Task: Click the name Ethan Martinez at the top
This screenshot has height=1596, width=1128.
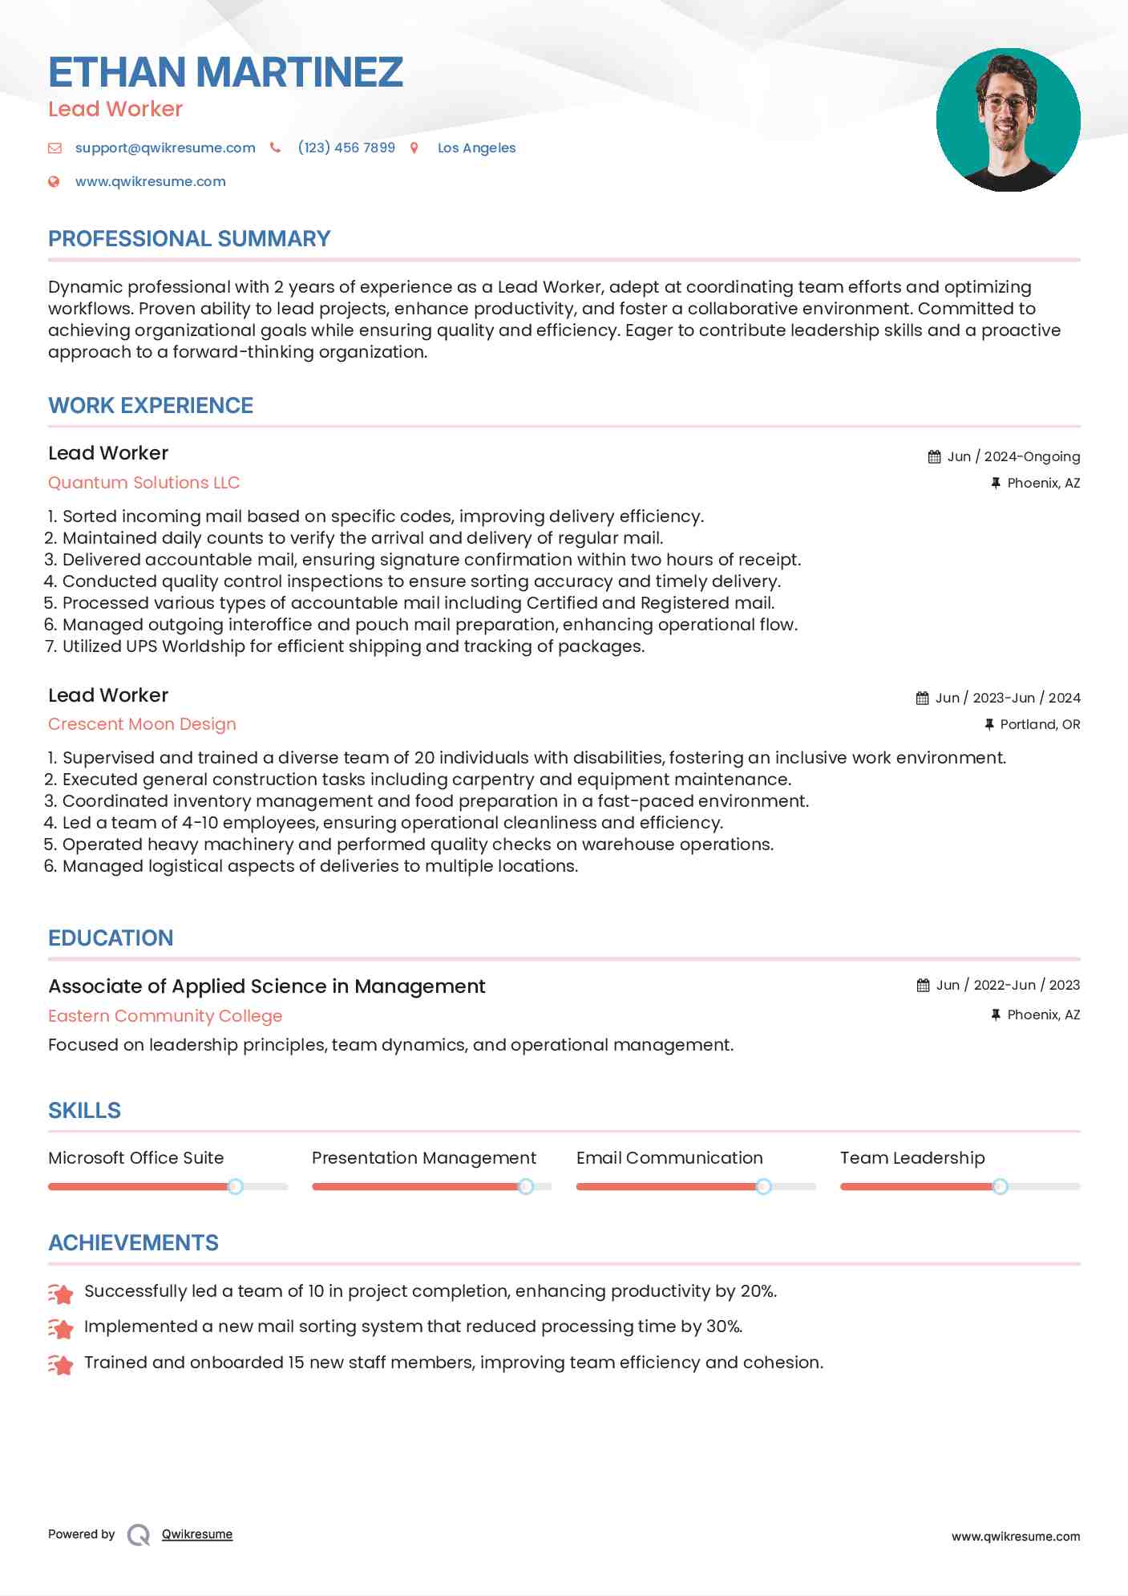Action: (x=225, y=72)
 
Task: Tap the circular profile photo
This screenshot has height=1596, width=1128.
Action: (x=1008, y=120)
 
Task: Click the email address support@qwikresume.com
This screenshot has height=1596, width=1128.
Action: (x=165, y=148)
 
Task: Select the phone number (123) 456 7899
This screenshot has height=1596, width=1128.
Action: (x=346, y=148)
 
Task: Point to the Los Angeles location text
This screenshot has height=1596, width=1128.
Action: (x=476, y=148)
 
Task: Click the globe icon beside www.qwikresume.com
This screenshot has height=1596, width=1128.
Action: (x=55, y=182)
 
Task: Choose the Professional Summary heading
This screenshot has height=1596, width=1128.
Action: (x=189, y=239)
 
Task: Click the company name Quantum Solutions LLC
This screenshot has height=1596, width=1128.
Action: (x=144, y=483)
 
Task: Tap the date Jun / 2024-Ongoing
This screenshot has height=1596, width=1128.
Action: (x=1013, y=457)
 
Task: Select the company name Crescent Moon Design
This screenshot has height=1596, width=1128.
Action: (x=142, y=724)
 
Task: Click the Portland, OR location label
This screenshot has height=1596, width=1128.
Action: (x=1040, y=725)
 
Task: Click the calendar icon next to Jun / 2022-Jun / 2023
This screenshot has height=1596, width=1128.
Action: (x=924, y=986)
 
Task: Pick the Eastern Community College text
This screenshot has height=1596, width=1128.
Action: (x=165, y=1016)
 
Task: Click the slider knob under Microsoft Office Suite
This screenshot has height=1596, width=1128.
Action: (x=235, y=1186)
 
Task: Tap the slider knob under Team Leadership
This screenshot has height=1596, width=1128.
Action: (x=1000, y=1186)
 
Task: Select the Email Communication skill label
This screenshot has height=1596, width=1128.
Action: (x=669, y=1158)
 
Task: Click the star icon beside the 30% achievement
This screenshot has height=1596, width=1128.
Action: (x=61, y=1328)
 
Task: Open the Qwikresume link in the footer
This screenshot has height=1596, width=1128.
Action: (x=197, y=1534)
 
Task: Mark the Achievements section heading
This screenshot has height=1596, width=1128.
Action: (x=133, y=1243)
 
